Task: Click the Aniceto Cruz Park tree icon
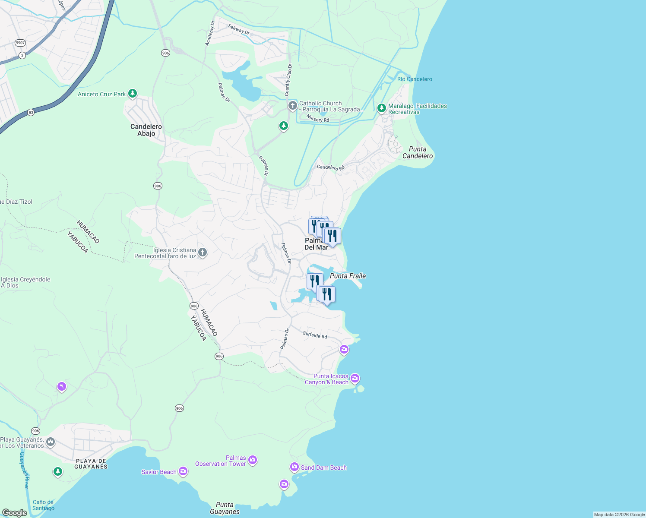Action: point(133,93)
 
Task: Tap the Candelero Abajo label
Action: point(146,130)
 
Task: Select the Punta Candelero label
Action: point(417,152)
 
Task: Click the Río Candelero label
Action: point(415,79)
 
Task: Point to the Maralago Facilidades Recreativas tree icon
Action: point(381,108)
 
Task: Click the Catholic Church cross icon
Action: point(293,105)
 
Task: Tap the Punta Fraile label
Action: point(348,276)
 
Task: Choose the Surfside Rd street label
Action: point(315,335)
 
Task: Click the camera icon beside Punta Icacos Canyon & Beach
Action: point(355,379)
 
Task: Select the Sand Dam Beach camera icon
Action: point(294,467)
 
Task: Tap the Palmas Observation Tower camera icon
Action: point(253,460)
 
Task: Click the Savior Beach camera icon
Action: point(183,471)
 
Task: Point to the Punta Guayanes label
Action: point(225,508)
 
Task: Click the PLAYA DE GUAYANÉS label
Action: point(91,464)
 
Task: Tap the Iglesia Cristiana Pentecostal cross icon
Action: point(203,253)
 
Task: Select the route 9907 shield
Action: point(20,43)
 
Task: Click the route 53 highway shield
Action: point(31,113)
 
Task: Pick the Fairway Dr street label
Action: point(239,30)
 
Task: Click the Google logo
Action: point(14,513)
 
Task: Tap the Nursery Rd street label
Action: point(318,119)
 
